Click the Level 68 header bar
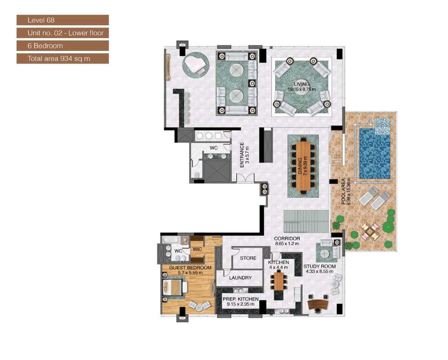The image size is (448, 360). click(62, 20)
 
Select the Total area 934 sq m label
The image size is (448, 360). click(62, 58)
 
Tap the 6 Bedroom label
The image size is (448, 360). click(62, 45)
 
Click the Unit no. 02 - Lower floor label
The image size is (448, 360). click(62, 33)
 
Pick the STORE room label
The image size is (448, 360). click(248, 258)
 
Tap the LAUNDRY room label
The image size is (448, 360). click(240, 278)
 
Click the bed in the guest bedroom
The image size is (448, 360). click(174, 287)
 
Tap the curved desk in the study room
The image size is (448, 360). click(318, 304)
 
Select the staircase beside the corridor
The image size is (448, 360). click(306, 221)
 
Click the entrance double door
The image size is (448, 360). click(246, 178)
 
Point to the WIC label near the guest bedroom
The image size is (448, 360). click(197, 249)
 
